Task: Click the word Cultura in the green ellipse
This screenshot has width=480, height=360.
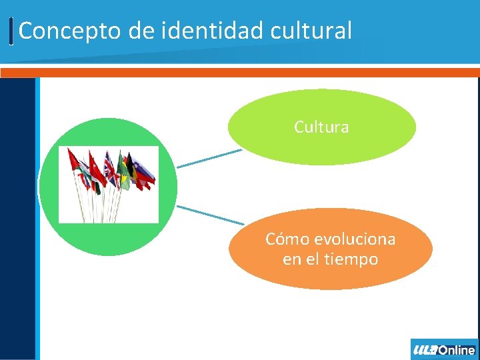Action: (321, 127)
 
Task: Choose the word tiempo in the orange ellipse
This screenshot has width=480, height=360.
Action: (353, 259)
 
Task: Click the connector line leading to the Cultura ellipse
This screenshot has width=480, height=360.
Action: (209, 158)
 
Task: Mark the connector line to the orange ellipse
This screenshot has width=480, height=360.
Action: (210, 215)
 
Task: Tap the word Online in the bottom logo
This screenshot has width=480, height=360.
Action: (457, 350)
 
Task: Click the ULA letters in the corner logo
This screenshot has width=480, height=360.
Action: (424, 350)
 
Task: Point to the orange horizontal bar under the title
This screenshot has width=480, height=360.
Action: (240, 72)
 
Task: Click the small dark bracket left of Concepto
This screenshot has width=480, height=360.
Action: (12, 31)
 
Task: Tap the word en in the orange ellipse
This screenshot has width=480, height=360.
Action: (292, 259)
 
